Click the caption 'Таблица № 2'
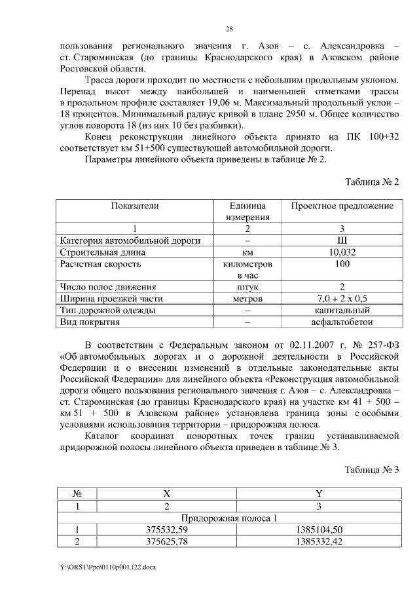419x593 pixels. [372, 182]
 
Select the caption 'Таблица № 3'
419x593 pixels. [372, 469]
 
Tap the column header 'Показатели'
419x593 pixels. [135, 206]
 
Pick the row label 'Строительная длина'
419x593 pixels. [101, 252]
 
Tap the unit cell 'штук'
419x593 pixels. [247, 287]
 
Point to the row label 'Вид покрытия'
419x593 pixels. [89, 322]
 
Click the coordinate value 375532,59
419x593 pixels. [166, 529]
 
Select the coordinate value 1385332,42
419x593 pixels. [319, 541]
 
